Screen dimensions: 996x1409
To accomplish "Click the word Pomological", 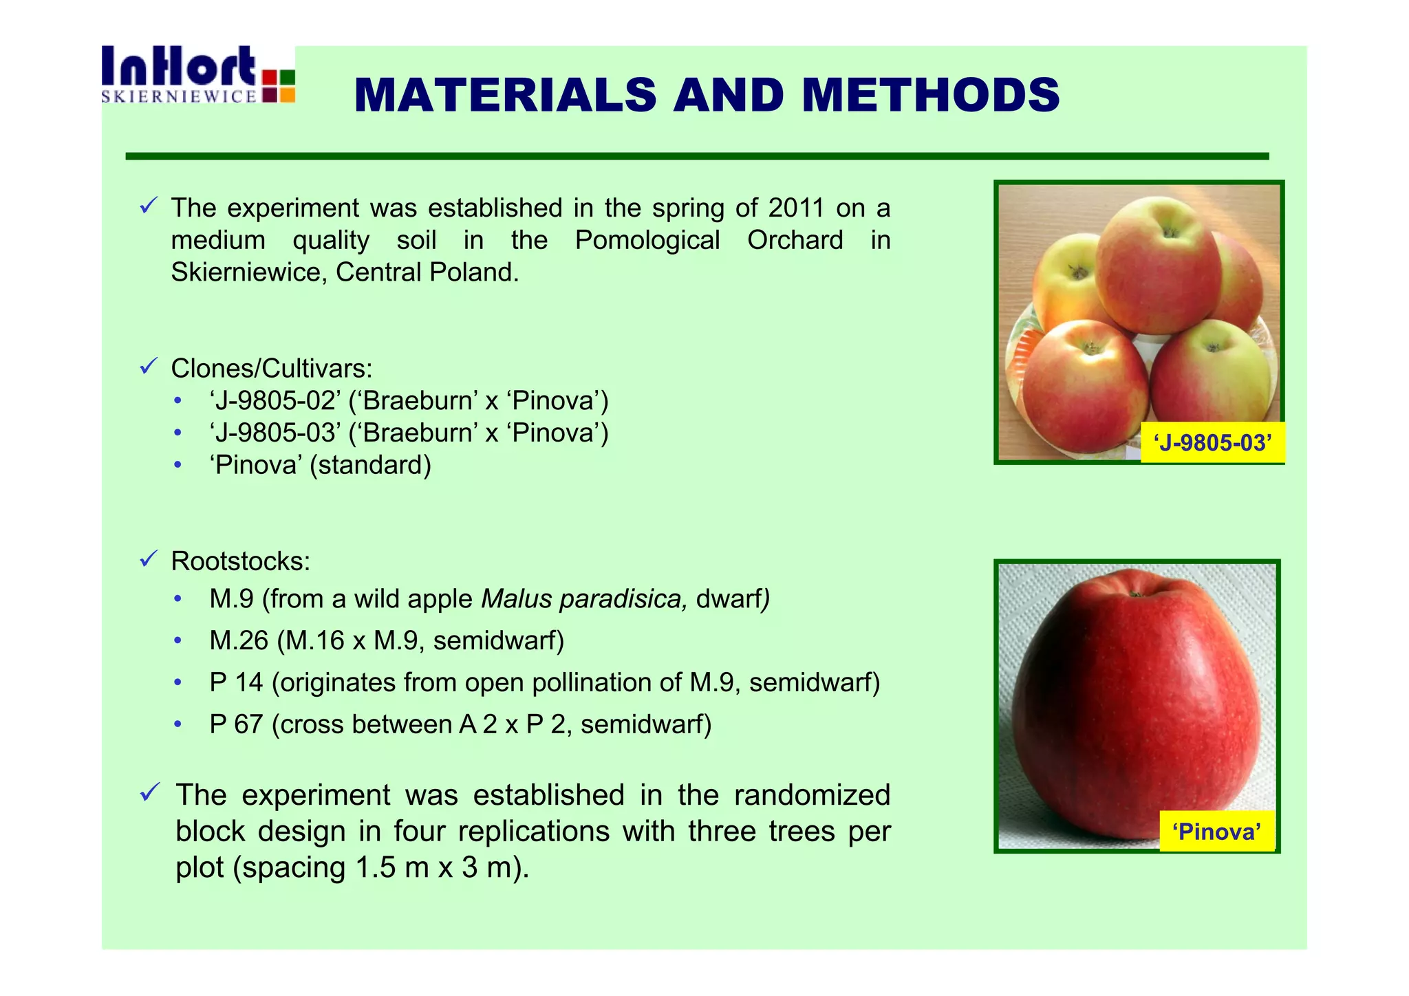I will point(647,240).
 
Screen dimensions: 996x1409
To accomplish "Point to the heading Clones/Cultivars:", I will point(271,369).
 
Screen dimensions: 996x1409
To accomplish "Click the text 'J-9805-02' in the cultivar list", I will point(275,401).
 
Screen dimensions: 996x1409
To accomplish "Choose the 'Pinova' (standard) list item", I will point(320,466).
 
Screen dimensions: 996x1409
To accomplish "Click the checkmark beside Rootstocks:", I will point(149,559).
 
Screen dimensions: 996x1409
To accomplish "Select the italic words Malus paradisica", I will point(584,599).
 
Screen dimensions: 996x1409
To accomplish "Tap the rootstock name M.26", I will point(239,641).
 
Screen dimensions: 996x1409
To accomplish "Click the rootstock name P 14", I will point(236,683).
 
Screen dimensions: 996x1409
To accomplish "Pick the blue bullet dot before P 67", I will point(178,724).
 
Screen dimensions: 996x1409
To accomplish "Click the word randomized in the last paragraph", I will point(812,795).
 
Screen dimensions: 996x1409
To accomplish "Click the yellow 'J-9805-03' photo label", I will point(1212,443).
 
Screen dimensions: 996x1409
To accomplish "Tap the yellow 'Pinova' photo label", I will point(1216,832).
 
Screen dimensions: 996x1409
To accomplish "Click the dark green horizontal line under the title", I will point(696,157).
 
